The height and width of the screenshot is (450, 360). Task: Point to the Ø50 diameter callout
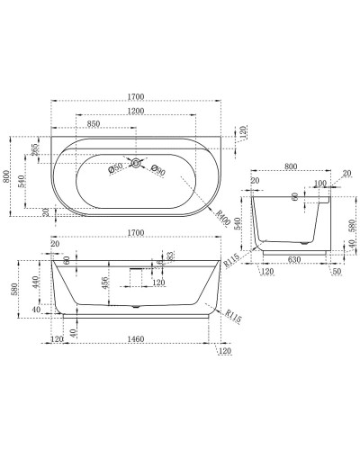(x=115, y=168)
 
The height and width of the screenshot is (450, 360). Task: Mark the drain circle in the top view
(x=135, y=163)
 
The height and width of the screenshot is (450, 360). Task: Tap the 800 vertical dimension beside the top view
(x=8, y=178)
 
